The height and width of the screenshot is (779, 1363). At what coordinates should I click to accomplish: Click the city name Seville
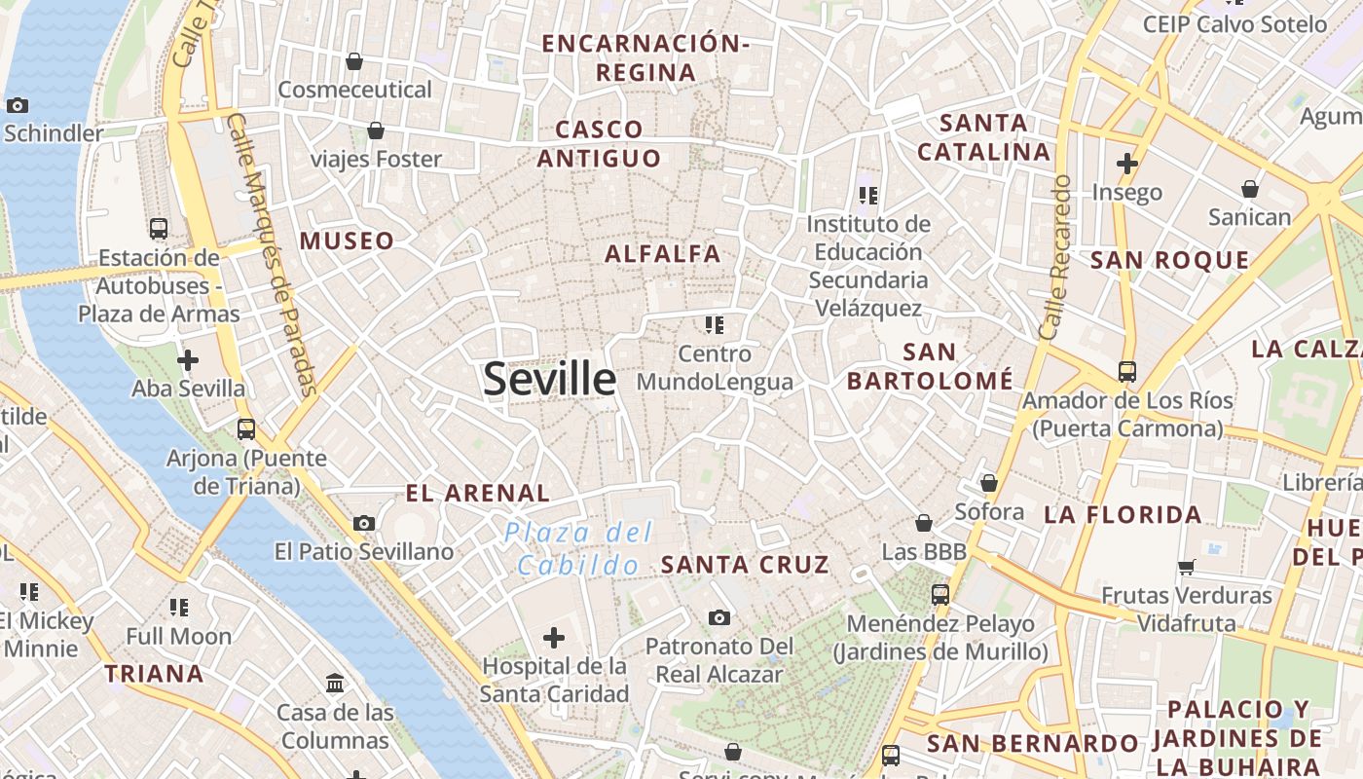(x=549, y=379)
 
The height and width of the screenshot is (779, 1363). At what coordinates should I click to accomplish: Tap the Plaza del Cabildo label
(x=579, y=548)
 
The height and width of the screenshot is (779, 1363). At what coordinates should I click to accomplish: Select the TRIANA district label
(x=154, y=673)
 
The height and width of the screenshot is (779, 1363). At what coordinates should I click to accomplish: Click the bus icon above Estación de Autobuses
(x=159, y=229)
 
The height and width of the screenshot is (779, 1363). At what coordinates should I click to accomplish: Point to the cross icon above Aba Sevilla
(x=188, y=360)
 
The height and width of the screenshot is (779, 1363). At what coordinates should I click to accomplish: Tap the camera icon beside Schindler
(x=17, y=105)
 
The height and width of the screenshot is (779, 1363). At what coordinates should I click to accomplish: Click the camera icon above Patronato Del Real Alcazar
(x=719, y=617)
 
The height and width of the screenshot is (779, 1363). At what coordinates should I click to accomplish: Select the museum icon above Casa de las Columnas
(x=336, y=684)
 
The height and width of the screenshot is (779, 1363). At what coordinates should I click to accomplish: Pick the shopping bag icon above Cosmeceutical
(x=354, y=61)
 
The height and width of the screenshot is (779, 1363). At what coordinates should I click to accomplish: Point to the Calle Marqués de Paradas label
(x=272, y=254)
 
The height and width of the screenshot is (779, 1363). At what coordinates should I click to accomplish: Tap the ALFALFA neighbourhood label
(x=663, y=254)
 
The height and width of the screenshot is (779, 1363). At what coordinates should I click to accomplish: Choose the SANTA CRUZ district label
(x=745, y=564)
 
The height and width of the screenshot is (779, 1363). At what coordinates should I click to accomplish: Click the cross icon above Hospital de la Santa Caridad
(x=554, y=638)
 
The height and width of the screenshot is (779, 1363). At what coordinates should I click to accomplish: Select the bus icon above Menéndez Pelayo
(x=940, y=594)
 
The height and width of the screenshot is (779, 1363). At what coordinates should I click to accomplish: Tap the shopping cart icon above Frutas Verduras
(x=1186, y=567)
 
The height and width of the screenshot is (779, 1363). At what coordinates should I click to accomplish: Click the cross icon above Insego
(x=1127, y=164)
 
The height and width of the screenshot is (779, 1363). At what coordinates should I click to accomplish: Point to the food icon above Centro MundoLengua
(x=715, y=324)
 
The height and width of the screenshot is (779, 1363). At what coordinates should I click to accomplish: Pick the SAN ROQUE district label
(x=1169, y=260)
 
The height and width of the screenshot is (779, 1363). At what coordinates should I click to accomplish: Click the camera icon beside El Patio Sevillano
(x=364, y=523)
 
